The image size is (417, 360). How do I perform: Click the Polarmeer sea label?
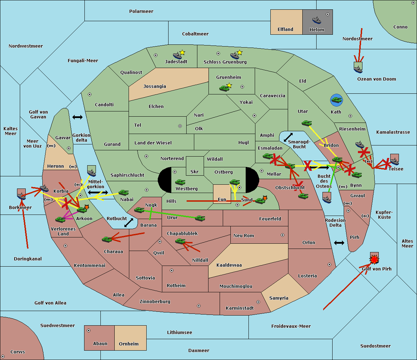(141, 11)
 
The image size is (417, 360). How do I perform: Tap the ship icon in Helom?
(316, 20)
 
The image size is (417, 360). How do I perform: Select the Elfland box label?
(285, 30)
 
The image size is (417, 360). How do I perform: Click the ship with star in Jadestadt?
(178, 55)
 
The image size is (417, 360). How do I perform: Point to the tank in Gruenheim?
(224, 88)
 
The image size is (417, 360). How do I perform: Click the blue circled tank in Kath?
(336, 100)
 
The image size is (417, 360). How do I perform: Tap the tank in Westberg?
(180, 182)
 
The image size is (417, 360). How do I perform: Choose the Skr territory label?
(195, 172)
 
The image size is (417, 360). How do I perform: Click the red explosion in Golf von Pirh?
(374, 259)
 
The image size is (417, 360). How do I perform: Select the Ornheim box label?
(129, 344)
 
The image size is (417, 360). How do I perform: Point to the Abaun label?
(100, 344)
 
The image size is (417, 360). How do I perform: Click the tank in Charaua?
(107, 239)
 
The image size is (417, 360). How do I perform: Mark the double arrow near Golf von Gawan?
(77, 117)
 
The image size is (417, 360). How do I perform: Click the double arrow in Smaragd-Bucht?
(288, 137)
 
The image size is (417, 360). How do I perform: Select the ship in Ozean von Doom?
(358, 69)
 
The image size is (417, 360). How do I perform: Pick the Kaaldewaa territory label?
(229, 265)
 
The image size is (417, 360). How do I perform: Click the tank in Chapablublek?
(180, 241)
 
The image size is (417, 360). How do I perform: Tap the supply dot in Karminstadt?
(258, 302)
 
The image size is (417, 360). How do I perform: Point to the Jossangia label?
(155, 86)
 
